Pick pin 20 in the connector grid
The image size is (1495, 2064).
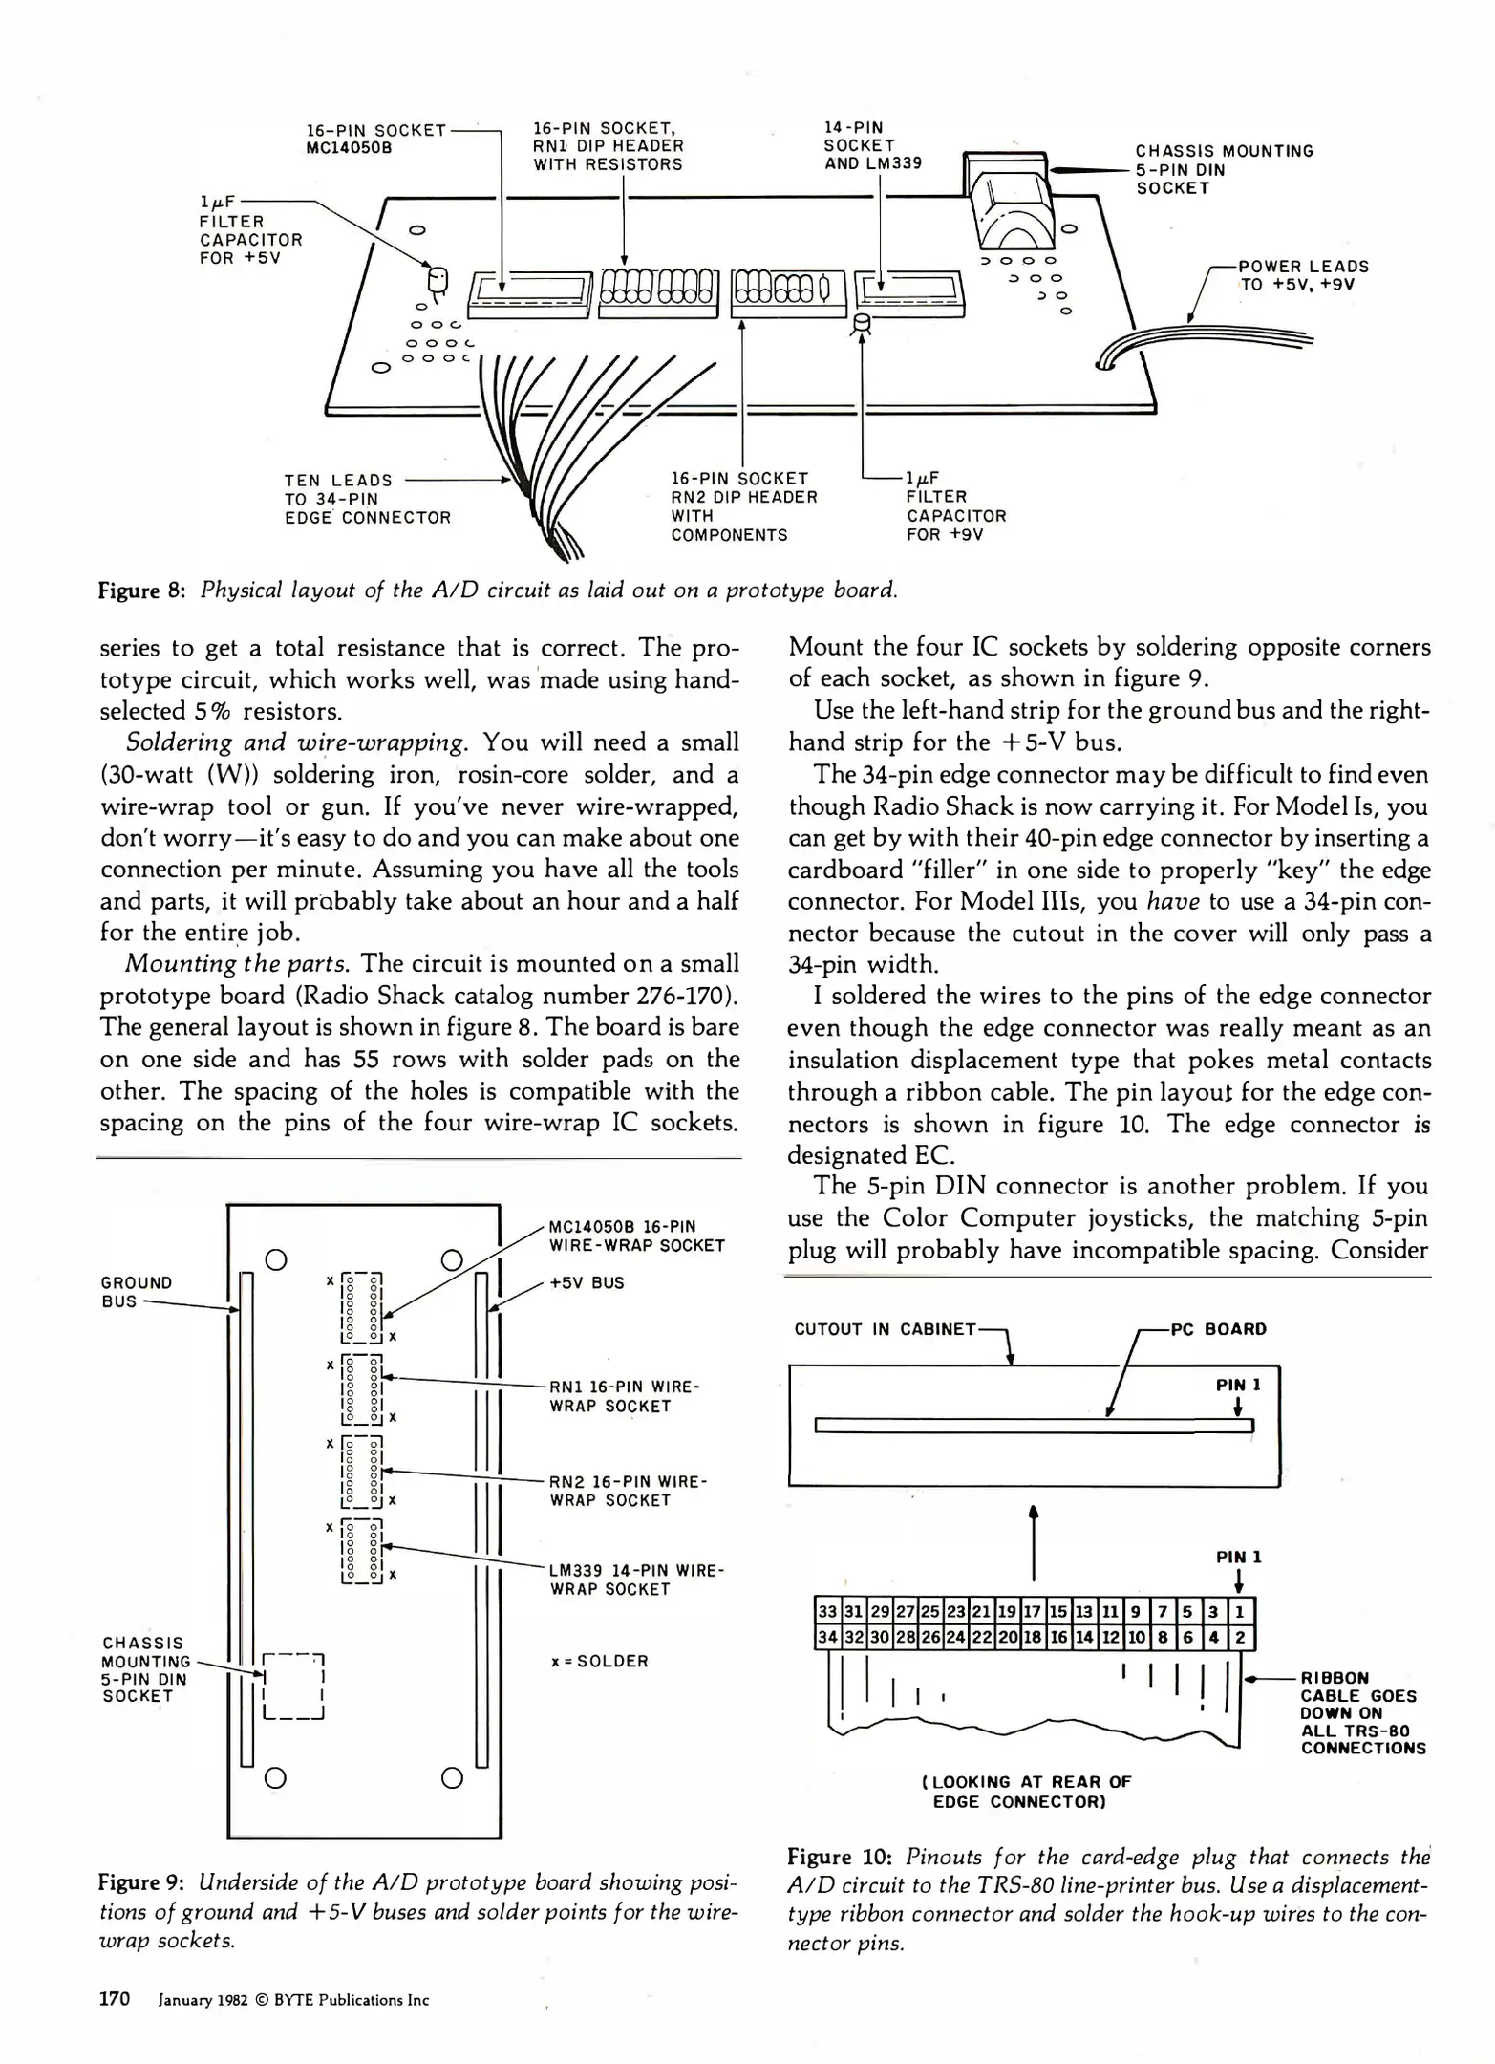point(1006,1638)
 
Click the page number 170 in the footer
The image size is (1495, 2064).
point(115,1998)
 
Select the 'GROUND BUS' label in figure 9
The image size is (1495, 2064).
point(137,1291)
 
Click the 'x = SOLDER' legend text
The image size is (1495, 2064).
point(599,1661)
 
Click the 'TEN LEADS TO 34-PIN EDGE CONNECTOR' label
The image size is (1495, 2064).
point(367,499)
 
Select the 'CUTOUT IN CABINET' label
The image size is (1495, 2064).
point(885,1329)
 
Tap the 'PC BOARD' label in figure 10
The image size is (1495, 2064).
point(1218,1329)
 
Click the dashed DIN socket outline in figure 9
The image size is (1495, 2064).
point(294,1686)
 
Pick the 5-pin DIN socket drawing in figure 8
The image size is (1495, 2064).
point(1009,196)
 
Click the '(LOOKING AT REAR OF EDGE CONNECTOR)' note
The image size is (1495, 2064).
point(1026,1792)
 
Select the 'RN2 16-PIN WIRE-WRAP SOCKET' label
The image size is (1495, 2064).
point(628,1491)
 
